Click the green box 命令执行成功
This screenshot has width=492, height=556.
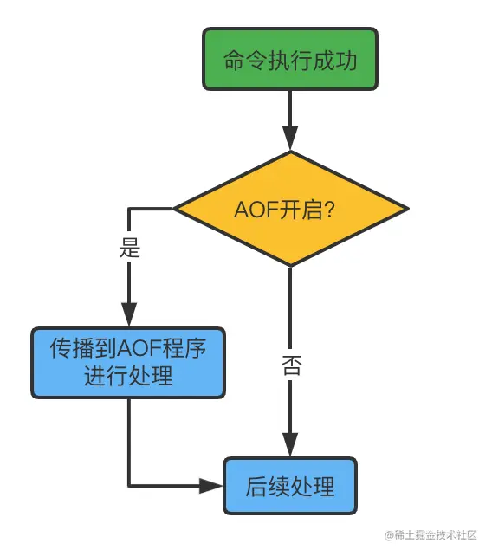pyautogui.click(x=290, y=60)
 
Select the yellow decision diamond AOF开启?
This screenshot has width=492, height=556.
pyautogui.click(x=290, y=209)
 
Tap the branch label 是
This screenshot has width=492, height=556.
pyautogui.click(x=129, y=250)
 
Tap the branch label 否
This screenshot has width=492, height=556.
pyautogui.click(x=291, y=365)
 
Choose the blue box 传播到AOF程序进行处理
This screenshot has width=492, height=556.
pyautogui.click(x=128, y=362)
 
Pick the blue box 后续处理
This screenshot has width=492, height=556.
pyautogui.click(x=290, y=486)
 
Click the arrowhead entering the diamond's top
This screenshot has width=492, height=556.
pyautogui.click(x=290, y=139)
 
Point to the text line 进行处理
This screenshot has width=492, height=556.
pyautogui.click(x=128, y=377)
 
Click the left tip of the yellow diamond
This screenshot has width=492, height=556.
pyautogui.click(x=176, y=209)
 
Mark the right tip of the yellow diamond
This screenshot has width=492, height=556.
pyautogui.click(x=405, y=209)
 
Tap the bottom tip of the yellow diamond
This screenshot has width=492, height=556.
pyautogui.click(x=290, y=265)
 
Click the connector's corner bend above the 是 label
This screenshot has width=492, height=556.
pyautogui.click(x=129, y=209)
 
